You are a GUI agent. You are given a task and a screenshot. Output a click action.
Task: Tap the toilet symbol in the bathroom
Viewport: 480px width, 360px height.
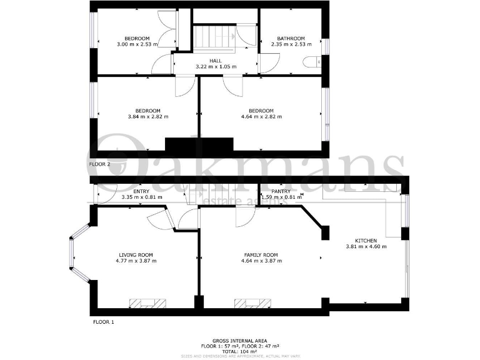[x=311, y=61]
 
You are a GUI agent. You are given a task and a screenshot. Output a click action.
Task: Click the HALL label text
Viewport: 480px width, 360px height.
[x=215, y=60]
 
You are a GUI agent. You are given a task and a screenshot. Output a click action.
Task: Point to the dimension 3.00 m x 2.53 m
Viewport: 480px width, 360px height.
[x=137, y=44]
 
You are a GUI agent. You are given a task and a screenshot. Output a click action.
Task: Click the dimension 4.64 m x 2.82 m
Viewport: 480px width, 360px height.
[x=261, y=117]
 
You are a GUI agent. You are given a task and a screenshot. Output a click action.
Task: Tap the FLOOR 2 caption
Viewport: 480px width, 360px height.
[x=99, y=164]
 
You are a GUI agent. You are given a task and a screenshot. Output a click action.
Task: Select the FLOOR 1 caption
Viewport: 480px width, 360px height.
[x=103, y=322]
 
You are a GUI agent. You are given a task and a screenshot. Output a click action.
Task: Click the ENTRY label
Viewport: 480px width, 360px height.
[x=141, y=191]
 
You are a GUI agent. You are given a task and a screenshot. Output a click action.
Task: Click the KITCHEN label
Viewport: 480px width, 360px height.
[x=366, y=240]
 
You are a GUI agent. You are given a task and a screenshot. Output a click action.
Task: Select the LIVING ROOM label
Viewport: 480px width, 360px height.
[x=136, y=254]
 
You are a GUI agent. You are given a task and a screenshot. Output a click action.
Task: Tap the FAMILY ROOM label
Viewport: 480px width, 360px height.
[x=261, y=254]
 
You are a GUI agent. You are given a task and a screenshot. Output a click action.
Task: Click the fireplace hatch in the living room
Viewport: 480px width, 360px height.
[x=147, y=304]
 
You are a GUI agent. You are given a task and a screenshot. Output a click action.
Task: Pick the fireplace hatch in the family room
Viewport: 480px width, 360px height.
[x=253, y=304]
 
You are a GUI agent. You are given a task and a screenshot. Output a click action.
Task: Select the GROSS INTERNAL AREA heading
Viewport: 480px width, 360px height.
[x=239, y=340]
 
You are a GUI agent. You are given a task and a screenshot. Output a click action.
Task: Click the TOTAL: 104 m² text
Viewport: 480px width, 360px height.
[x=239, y=351]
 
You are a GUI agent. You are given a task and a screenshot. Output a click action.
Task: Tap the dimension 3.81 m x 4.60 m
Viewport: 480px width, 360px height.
[x=366, y=246]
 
